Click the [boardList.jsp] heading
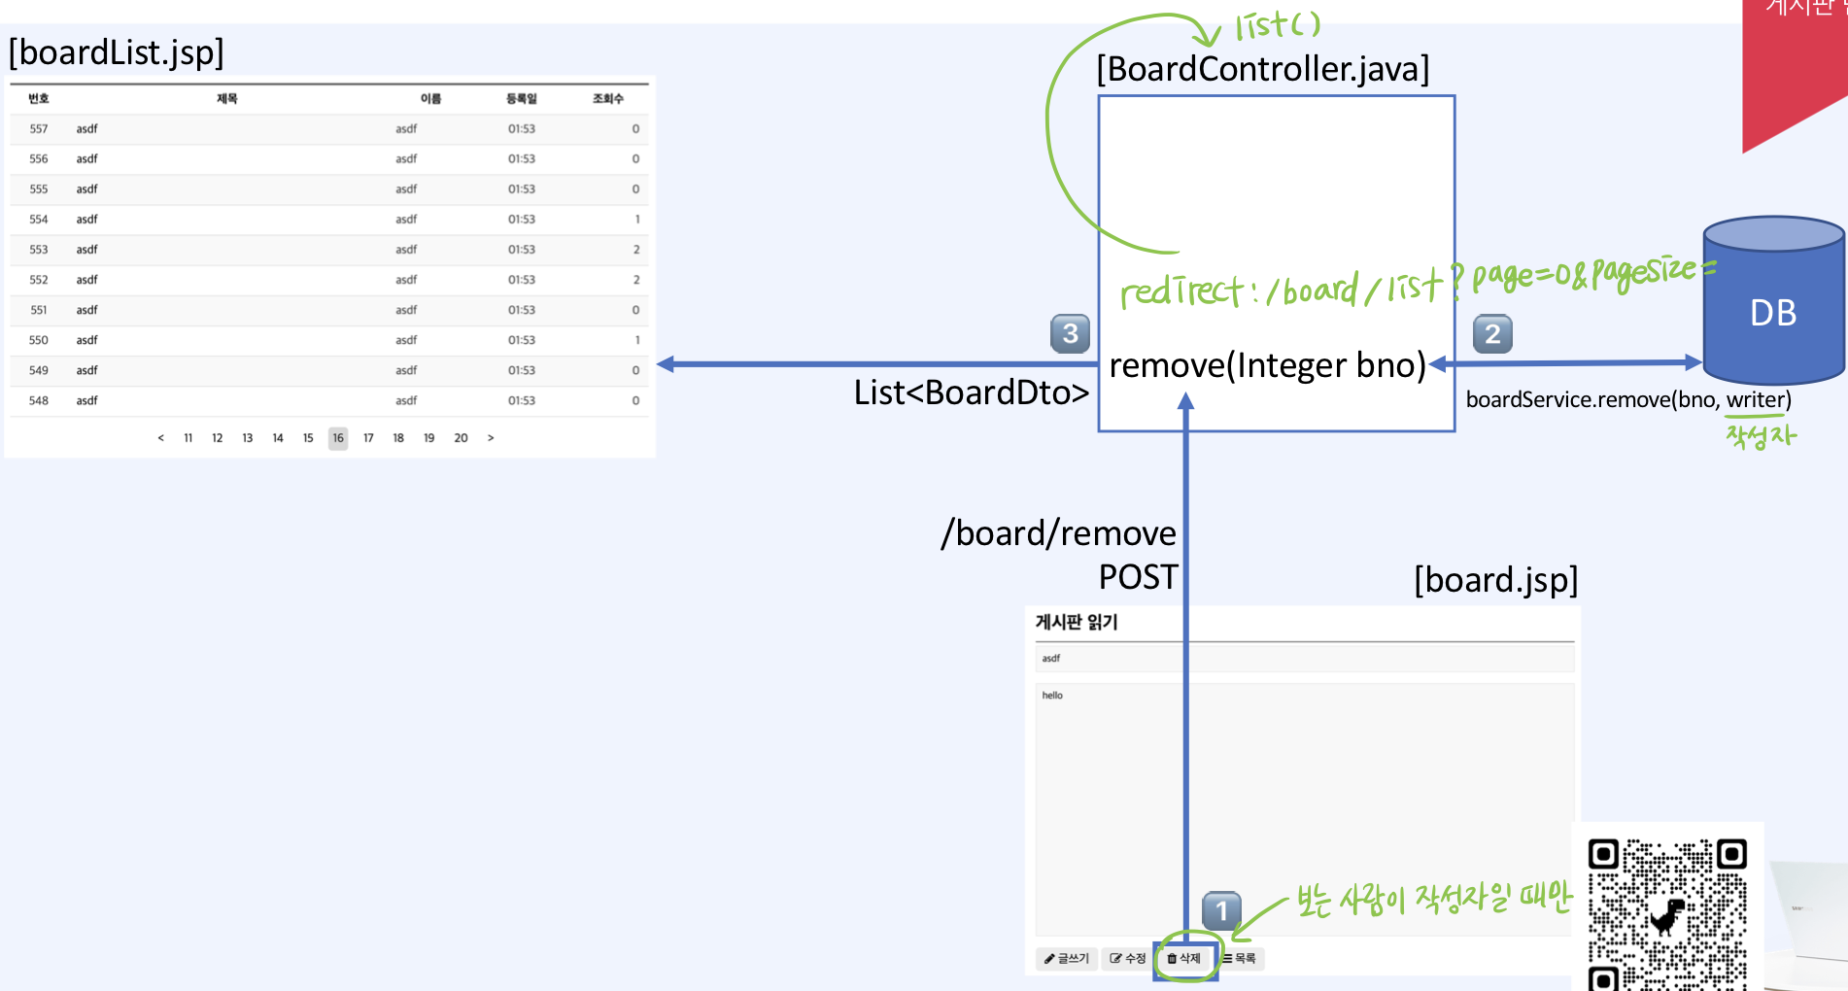pyautogui.click(x=116, y=52)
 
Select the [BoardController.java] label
pyautogui.click(x=1262, y=69)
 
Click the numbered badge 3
pyautogui.click(x=1070, y=333)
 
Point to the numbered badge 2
pyautogui.click(x=1492, y=333)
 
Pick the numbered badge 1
pyautogui.click(x=1221, y=911)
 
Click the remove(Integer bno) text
pyautogui.click(x=1267, y=365)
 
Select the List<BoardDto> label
pyautogui.click(x=971, y=393)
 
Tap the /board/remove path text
pyautogui.click(x=1058, y=533)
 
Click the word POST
pyautogui.click(x=1138, y=577)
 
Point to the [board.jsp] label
pyautogui.click(x=1495, y=580)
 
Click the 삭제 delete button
pyautogui.click(x=1184, y=958)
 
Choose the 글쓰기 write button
pyautogui.click(x=1067, y=959)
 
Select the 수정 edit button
pyautogui.click(x=1128, y=959)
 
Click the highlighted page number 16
pyautogui.click(x=338, y=438)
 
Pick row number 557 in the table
pyautogui.click(x=39, y=129)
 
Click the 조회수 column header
pyautogui.click(x=607, y=99)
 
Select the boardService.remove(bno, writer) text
pyautogui.click(x=1627, y=399)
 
